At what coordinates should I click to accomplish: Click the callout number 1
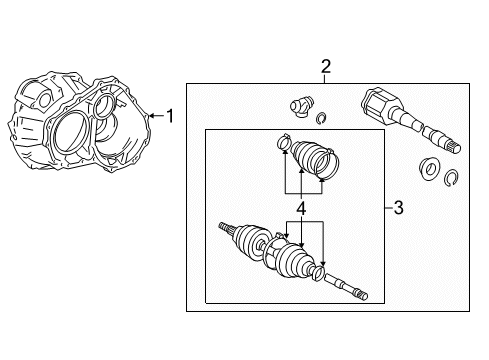pos(170,116)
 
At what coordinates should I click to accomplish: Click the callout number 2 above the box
pos(326,66)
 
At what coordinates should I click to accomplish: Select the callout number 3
pos(398,208)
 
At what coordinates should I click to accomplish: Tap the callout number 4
pos(301,209)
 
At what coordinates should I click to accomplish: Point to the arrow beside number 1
pos(156,116)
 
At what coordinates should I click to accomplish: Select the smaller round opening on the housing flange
pos(105,106)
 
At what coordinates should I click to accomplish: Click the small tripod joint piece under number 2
pos(301,106)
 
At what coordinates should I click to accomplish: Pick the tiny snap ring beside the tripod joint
pos(322,118)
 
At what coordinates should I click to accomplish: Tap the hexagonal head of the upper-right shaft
pos(376,102)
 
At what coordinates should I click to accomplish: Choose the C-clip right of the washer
pos(451,178)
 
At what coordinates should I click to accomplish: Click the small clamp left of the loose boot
pos(284,142)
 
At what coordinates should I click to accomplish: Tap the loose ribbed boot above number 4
pos(308,157)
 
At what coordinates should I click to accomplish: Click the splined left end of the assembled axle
pos(226,228)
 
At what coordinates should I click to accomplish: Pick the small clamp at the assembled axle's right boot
pos(318,273)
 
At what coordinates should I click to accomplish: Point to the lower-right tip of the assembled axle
pos(365,296)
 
